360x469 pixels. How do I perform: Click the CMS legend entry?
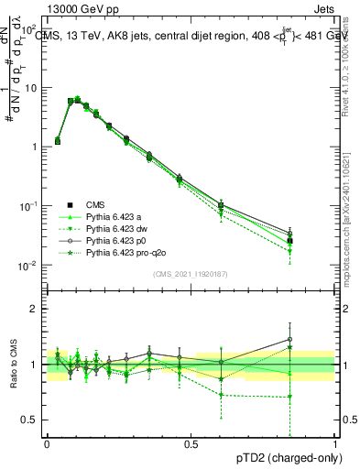coord(93,204)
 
